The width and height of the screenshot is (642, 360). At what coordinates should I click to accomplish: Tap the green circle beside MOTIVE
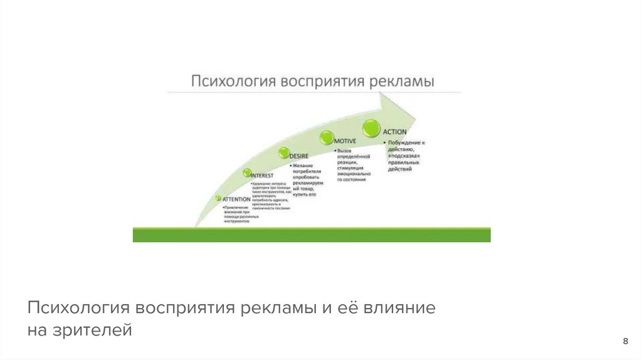coord(326,137)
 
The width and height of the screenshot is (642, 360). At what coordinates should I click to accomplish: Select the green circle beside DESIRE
coord(283,152)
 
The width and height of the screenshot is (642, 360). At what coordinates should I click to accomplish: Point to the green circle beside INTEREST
coord(246,172)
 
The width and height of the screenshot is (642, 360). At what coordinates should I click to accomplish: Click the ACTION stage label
coord(395,132)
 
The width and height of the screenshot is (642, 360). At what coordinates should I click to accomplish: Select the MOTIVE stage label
coord(345,142)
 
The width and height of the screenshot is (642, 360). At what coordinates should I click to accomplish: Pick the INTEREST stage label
coord(261,176)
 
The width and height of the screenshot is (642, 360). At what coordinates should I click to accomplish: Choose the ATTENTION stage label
coord(236,199)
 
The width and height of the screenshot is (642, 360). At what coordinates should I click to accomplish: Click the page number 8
coord(625,341)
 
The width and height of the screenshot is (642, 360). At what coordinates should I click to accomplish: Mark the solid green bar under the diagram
coord(312,235)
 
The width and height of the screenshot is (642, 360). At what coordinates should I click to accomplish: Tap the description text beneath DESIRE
coord(307,180)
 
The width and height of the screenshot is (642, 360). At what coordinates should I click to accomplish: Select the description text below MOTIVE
coord(354,165)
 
